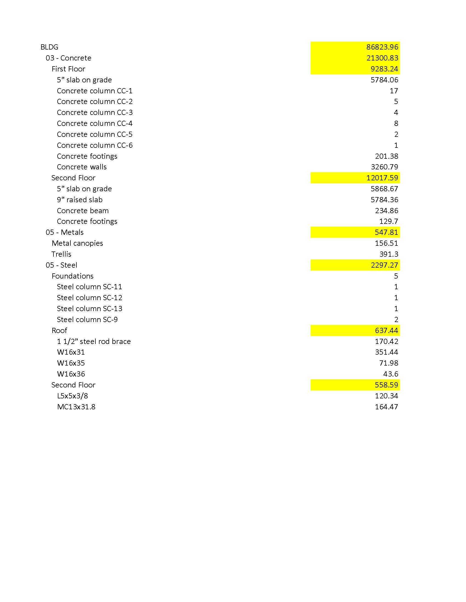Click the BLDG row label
coord(49,47)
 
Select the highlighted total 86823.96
coord(382,47)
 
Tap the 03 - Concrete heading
coord(68,58)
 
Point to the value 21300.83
coord(382,58)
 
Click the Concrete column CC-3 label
coord(95,112)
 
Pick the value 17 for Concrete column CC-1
coord(394,91)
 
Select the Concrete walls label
coord(81,167)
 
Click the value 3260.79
coord(384,167)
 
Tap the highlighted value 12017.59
coord(382,178)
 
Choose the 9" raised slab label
coord(79,199)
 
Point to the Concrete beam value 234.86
coord(387,211)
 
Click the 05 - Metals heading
coord(65,232)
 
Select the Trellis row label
coord(61,254)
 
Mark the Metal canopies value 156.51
coord(387,243)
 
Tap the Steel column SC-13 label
coord(89,309)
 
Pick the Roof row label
coord(59,331)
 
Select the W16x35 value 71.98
coord(388,363)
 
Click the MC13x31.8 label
coord(76,407)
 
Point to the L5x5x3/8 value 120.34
coord(387,396)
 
